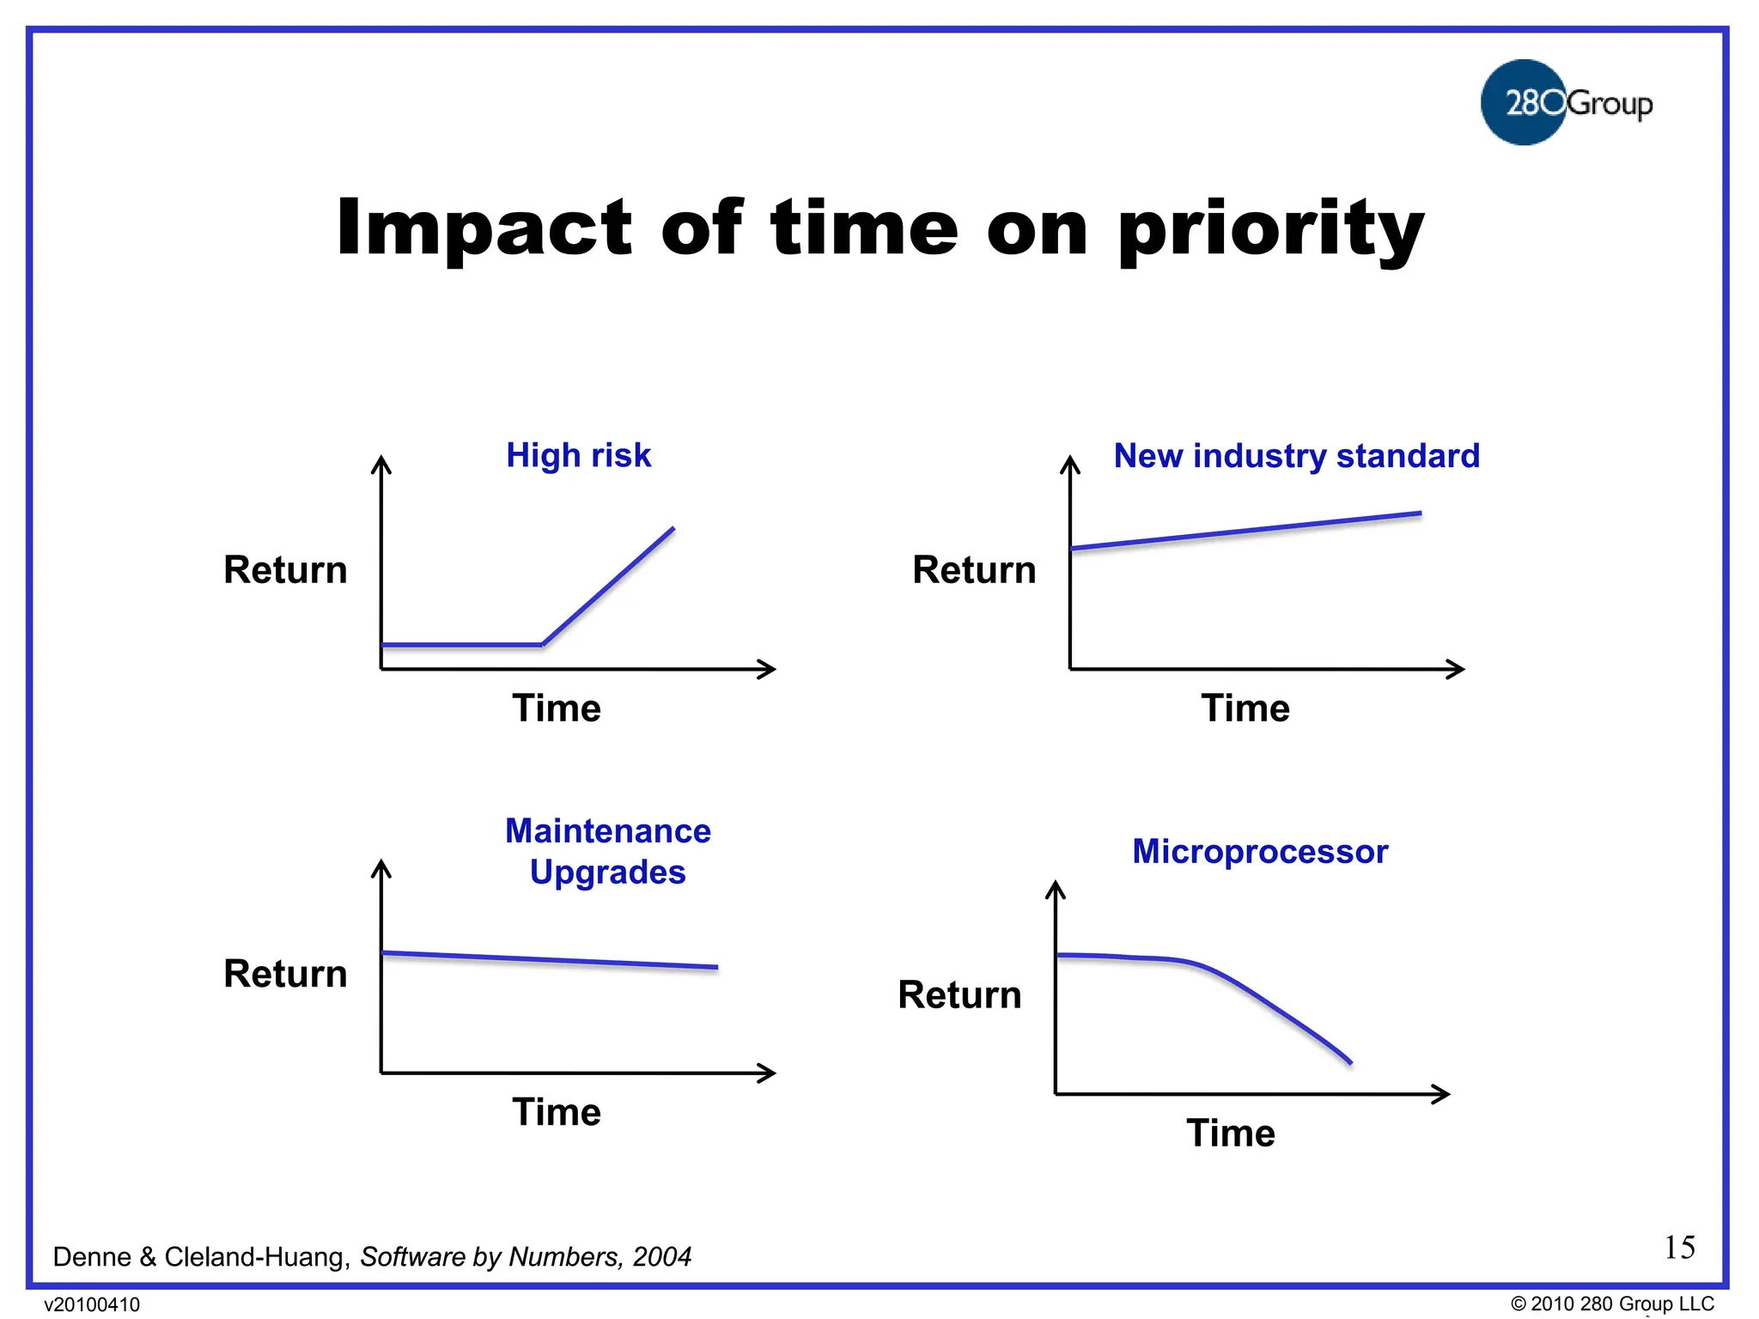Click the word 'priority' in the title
[1270, 229]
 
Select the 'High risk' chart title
[578, 455]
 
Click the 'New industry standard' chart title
[1296, 456]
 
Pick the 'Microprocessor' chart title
[1259, 852]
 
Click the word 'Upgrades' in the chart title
[607, 872]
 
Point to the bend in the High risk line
[543, 643]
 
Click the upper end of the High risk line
[673, 529]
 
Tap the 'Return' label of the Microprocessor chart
[959, 995]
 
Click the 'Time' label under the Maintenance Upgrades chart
[557, 1112]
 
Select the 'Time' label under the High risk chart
[557, 708]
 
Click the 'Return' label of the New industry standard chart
[974, 570]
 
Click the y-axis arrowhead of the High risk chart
[381, 465]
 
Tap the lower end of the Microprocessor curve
[1349, 1061]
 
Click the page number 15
[1679, 1247]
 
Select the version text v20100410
[92, 1304]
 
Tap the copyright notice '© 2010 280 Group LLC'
[1611, 1304]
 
